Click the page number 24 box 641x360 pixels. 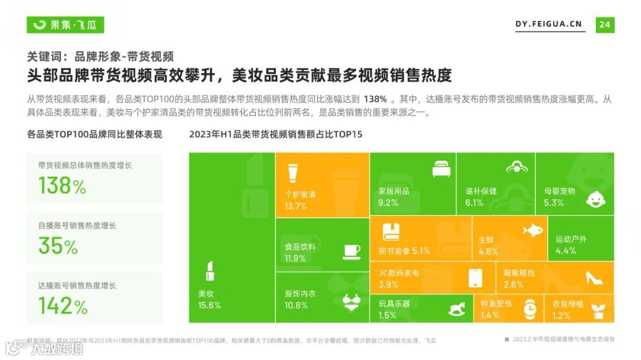click(605, 24)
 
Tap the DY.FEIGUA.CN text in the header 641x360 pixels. click(548, 24)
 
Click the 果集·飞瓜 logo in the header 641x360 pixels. click(65, 24)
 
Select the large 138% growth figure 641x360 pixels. click(62, 186)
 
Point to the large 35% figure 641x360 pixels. click(58, 246)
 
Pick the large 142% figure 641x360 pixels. click(63, 305)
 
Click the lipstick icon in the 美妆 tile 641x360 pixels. click(210, 271)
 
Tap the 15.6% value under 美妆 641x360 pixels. click(209, 305)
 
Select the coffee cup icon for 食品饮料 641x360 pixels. click(351, 251)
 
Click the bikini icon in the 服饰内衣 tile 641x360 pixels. click(351, 302)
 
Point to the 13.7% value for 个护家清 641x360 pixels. click(296, 206)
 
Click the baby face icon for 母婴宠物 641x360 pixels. click(595, 199)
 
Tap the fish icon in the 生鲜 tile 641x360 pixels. click(533, 230)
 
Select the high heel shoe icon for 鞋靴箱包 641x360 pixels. click(594, 277)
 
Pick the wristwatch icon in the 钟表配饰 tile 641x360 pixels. click(530, 308)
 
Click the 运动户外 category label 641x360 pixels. click(571, 239)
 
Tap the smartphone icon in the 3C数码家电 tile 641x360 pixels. click(475, 278)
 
